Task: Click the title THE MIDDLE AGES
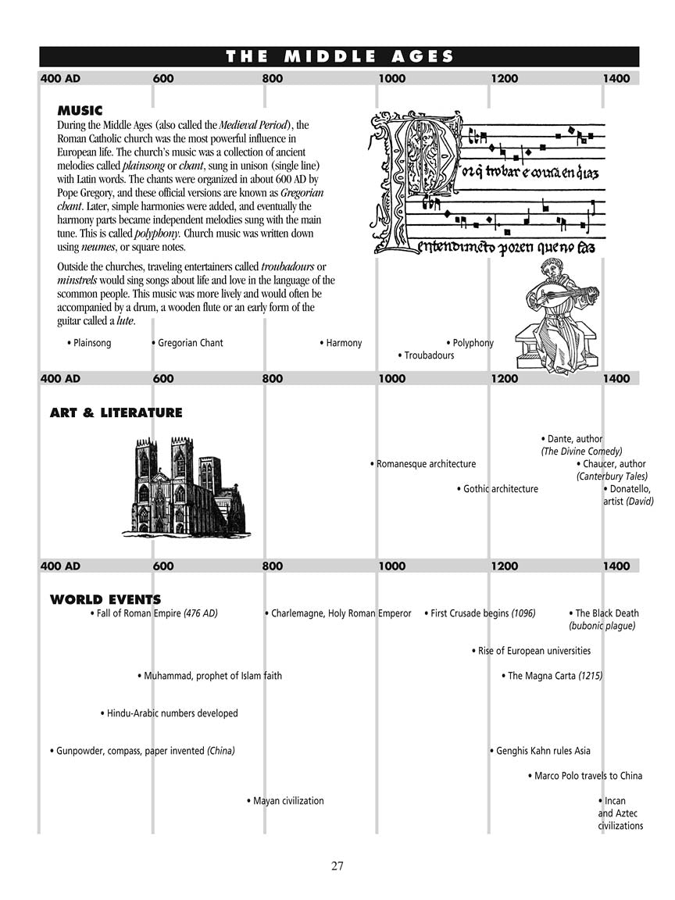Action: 339,56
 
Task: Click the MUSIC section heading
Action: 80,111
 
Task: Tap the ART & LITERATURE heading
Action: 116,412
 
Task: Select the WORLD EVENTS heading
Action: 105,600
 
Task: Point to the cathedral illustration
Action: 184,486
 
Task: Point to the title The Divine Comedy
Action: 582,452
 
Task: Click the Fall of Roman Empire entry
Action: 154,614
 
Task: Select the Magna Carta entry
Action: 552,676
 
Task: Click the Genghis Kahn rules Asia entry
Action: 541,751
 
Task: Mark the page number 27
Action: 337,866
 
